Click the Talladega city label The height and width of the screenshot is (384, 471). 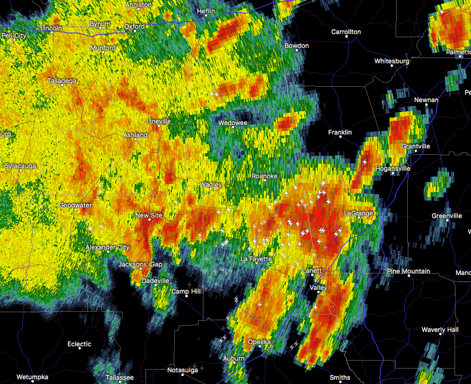click(x=62, y=81)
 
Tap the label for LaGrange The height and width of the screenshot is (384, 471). click(x=358, y=213)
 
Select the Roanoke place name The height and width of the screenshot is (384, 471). click(x=264, y=176)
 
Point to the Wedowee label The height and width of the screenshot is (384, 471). click(x=233, y=123)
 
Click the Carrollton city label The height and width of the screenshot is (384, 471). click(x=346, y=32)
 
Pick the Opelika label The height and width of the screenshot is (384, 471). click(x=259, y=341)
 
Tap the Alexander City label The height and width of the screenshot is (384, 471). click(x=108, y=247)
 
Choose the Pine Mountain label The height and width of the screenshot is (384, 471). click(x=408, y=271)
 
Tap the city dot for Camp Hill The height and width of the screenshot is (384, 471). click(x=186, y=296)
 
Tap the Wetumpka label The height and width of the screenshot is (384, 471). click(x=32, y=378)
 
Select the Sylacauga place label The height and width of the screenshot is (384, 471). click(x=21, y=166)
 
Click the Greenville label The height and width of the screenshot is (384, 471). click(x=447, y=216)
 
